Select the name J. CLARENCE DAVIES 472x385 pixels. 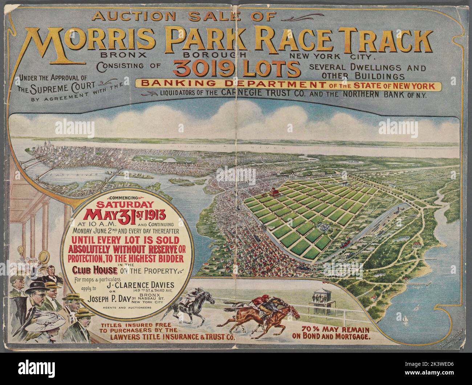[x=138, y=285]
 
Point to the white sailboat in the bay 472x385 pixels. [x=405, y=319]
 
